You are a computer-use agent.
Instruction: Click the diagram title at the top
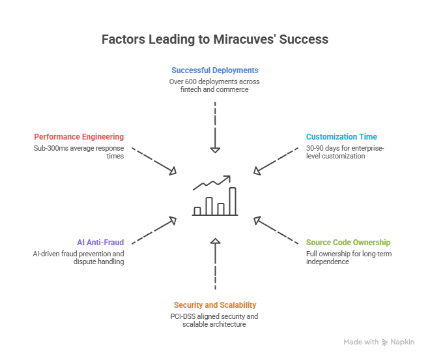click(214, 40)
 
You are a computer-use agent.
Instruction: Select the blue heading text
click(214, 69)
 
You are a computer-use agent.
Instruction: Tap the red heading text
click(78, 136)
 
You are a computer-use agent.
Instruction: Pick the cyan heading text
click(342, 136)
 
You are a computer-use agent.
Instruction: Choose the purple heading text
click(101, 241)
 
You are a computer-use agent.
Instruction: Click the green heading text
click(349, 242)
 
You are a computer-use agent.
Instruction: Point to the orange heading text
click(216, 305)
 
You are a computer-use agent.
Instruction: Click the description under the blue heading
click(214, 85)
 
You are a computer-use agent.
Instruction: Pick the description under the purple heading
click(78, 258)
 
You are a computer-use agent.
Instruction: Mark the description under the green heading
click(349, 258)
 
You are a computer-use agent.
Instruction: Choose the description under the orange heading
click(214, 320)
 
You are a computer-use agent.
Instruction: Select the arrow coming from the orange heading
click(216, 267)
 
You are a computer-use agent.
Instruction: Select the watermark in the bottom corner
click(379, 340)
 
